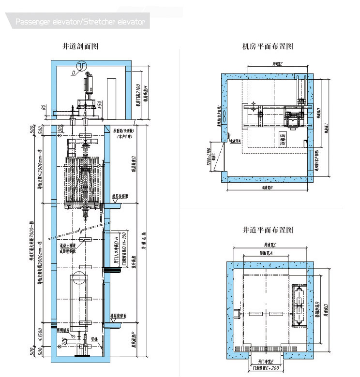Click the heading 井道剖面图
81,46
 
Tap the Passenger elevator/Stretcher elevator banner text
80,22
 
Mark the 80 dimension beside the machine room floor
44,107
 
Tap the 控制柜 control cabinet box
283,141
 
